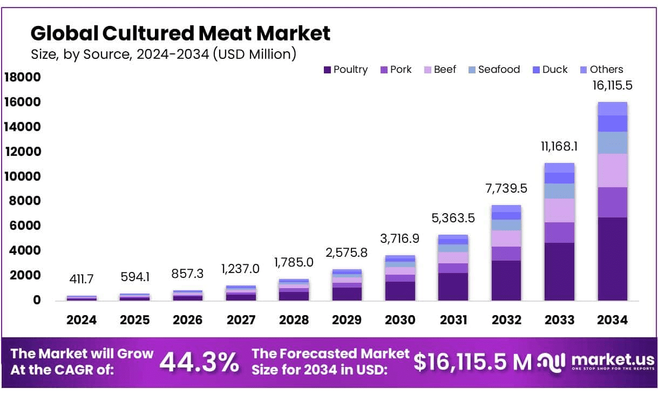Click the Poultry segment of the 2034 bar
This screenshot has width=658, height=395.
612,259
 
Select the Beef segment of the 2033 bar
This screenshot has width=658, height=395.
559,210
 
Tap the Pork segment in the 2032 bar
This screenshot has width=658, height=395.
506,254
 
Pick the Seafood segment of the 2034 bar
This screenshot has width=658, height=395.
612,143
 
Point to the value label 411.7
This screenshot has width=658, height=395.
82,279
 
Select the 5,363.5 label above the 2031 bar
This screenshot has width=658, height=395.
453,218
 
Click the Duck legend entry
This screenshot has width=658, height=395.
555,70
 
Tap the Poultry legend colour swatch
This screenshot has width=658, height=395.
327,70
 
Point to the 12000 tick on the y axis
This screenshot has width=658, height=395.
23,152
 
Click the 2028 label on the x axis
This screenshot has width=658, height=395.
294,320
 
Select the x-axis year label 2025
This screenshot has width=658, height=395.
134,320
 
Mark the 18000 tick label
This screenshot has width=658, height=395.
23,78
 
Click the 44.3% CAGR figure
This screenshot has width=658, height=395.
199,362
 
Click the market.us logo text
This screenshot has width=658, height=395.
612,360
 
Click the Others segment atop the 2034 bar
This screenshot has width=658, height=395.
612,108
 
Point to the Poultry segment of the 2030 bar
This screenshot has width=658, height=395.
400,291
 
